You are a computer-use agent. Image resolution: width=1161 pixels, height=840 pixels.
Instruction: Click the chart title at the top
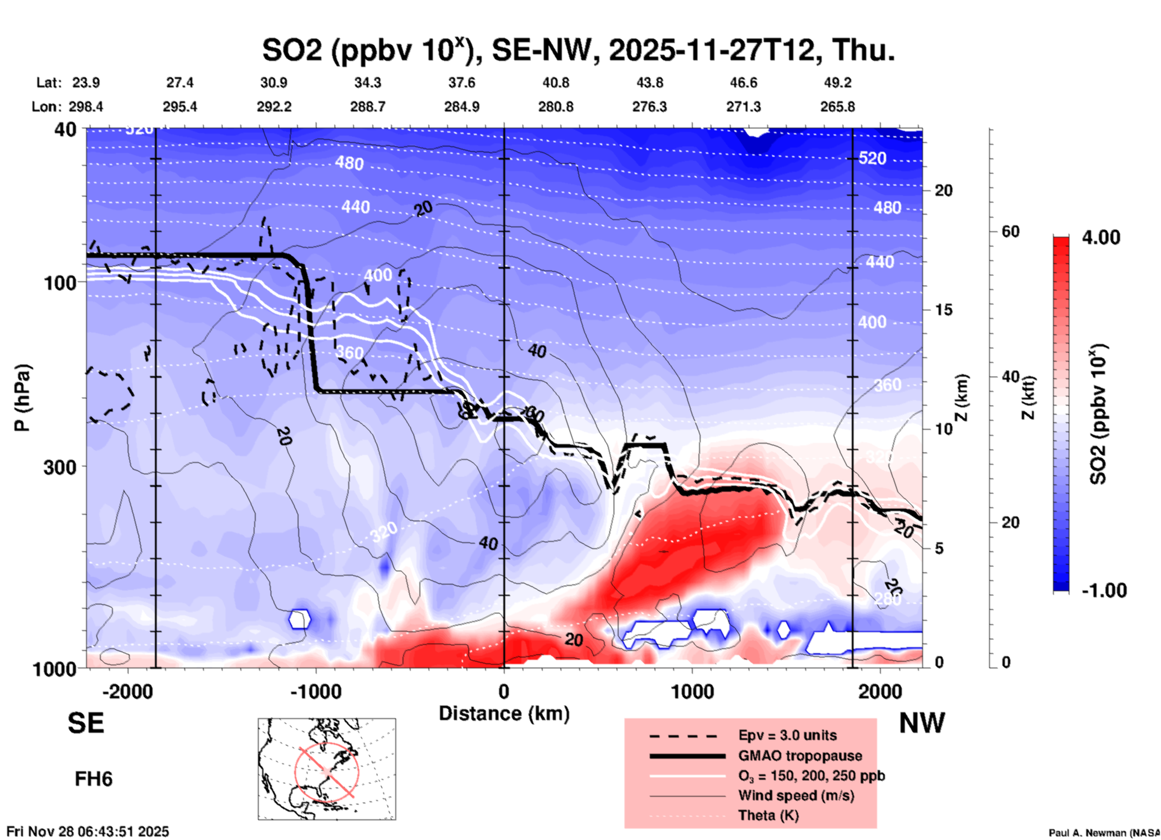pos(579,49)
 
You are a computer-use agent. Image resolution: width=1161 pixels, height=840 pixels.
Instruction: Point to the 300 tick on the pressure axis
pos(60,466)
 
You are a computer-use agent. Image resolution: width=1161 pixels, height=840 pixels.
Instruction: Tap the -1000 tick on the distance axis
pos(316,691)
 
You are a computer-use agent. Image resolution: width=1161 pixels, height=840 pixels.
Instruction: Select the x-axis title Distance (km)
pos(504,713)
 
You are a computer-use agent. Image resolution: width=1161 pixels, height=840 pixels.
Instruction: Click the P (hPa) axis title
pos(22,397)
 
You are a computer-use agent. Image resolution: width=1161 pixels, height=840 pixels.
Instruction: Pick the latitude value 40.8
pos(555,83)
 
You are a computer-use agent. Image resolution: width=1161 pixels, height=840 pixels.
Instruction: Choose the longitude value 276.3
pos(649,107)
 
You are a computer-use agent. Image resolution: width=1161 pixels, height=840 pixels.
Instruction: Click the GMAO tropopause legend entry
pos(800,756)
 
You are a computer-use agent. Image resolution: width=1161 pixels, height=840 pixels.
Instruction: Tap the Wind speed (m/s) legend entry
pos(796,795)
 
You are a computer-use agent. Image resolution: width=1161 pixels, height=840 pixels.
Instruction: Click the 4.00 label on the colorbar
pos(1101,237)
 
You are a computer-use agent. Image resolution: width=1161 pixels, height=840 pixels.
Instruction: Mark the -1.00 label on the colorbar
pos(1104,591)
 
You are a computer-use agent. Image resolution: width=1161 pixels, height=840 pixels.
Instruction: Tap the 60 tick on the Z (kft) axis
pos(1010,231)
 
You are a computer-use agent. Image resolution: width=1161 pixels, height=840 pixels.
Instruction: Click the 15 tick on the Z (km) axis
pos(943,310)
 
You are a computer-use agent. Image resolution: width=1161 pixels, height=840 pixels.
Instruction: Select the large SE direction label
pos(86,723)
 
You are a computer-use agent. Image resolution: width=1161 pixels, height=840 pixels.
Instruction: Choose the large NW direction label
pos(922,723)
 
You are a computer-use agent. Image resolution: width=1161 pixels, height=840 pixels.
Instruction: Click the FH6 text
pos(93,779)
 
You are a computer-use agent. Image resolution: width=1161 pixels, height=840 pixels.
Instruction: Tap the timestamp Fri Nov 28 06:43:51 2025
pos(88,832)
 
